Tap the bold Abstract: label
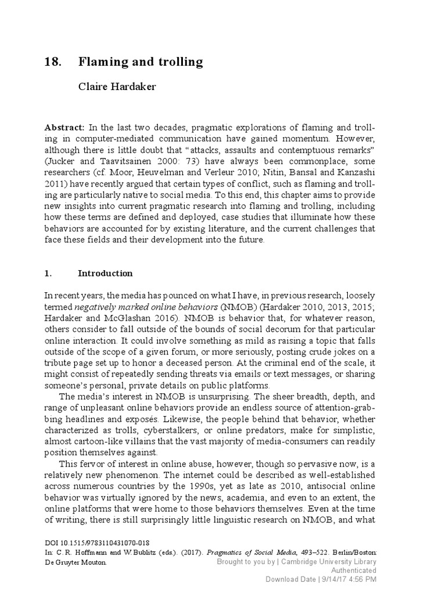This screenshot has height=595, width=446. coord(64,127)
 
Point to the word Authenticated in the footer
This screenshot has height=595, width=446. coord(353,571)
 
